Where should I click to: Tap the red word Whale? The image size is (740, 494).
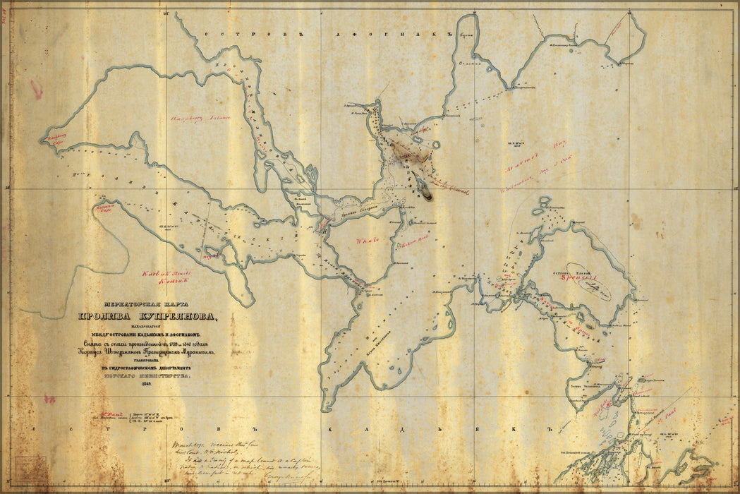pos(368,240)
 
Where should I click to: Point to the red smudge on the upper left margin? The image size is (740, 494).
pos(36,88)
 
